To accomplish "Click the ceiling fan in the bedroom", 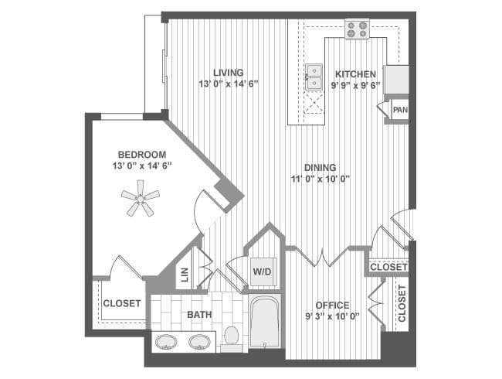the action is pyautogui.click(x=141, y=199).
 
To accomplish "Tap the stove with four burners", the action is pyautogui.click(x=357, y=29).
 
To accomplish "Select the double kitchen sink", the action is pyautogui.click(x=314, y=77).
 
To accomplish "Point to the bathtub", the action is pyautogui.click(x=265, y=321).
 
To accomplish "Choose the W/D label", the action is pyautogui.click(x=263, y=272).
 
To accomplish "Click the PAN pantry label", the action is pyautogui.click(x=400, y=110).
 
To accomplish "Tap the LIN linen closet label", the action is pyautogui.click(x=185, y=275).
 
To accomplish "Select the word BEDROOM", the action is pyautogui.click(x=142, y=155).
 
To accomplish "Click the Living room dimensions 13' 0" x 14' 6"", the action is pyautogui.click(x=229, y=84).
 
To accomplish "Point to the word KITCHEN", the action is pyautogui.click(x=355, y=74).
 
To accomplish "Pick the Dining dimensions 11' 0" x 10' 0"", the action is pyautogui.click(x=321, y=179).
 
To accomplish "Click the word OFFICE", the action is pyautogui.click(x=332, y=305).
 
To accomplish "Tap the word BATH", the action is pyautogui.click(x=199, y=315).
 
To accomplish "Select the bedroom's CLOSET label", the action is pyautogui.click(x=122, y=303).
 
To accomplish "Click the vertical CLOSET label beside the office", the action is pyautogui.click(x=402, y=303).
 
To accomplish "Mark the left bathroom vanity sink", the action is pyautogui.click(x=166, y=342).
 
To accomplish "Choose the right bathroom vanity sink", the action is pyautogui.click(x=199, y=342).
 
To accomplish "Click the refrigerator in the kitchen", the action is pyautogui.click(x=396, y=80).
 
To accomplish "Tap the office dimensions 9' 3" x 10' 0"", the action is pyautogui.click(x=332, y=316).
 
